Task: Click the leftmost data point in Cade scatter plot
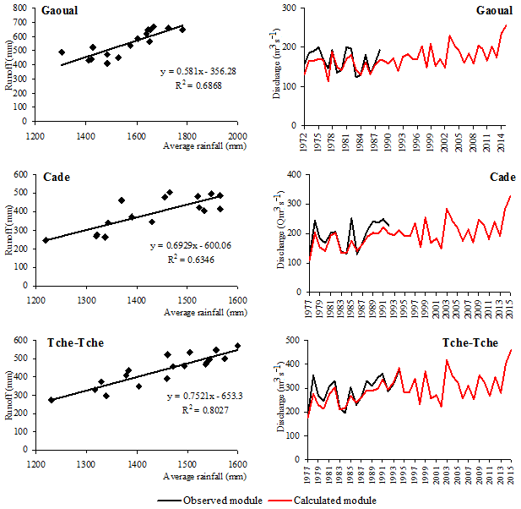coord(46,240)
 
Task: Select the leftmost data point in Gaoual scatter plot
coord(62,52)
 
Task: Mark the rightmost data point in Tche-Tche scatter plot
coord(237,346)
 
